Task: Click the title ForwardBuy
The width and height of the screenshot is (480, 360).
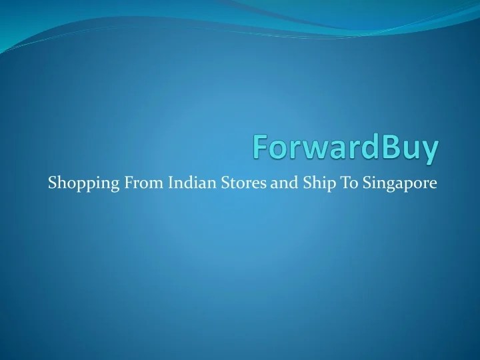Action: tap(346, 148)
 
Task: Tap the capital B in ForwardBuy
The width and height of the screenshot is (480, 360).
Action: tap(391, 147)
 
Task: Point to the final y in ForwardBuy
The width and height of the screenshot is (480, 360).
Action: tap(431, 151)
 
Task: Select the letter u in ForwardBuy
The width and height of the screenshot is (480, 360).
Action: tap(411, 150)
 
